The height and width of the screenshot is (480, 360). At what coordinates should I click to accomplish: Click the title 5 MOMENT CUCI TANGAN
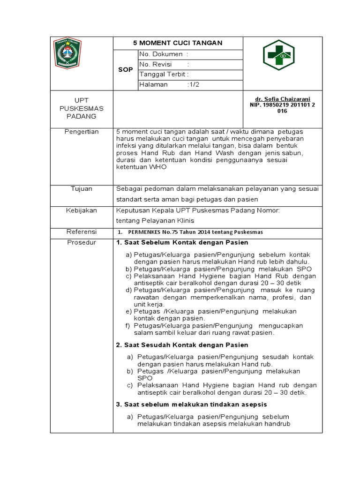178,43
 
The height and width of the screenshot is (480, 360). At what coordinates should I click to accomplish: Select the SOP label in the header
125,69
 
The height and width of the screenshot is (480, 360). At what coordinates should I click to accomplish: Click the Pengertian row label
82,132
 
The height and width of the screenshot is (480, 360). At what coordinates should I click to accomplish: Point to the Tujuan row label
82,188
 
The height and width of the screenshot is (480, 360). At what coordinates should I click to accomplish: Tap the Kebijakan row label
82,210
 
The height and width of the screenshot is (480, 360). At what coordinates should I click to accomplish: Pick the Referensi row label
82,232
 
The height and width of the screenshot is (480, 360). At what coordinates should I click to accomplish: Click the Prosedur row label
82,242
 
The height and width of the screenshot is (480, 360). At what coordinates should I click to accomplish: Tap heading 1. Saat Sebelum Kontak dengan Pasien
182,242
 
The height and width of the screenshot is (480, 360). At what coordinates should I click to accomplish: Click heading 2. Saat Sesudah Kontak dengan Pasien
182,345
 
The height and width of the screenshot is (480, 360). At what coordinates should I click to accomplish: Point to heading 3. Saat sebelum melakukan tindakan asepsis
191,404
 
